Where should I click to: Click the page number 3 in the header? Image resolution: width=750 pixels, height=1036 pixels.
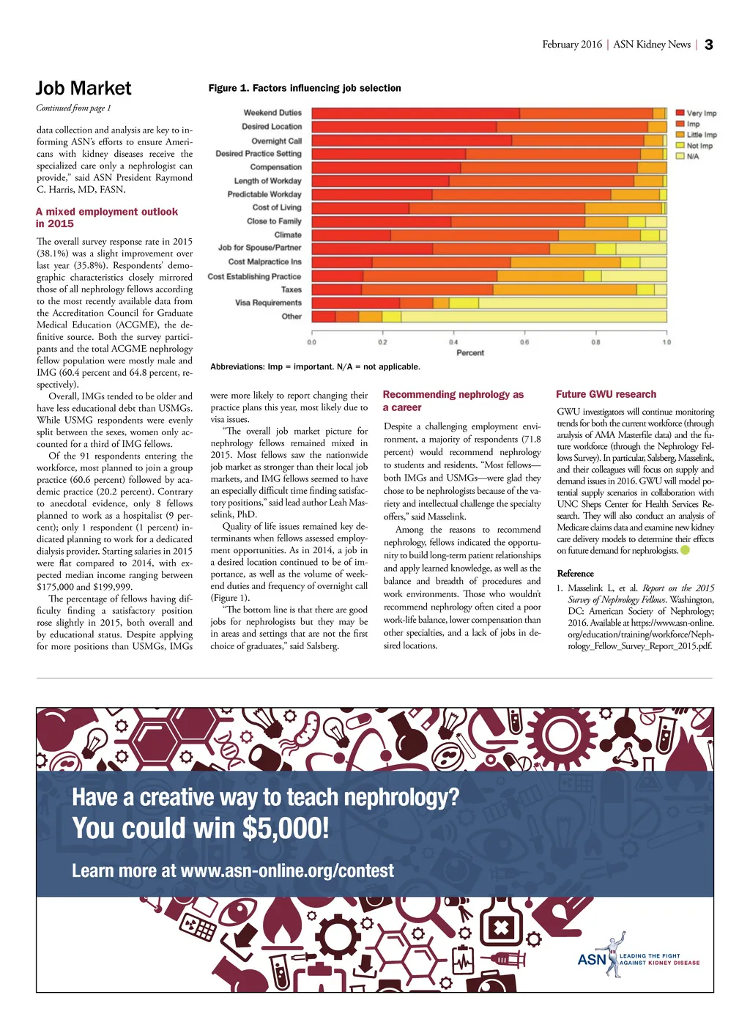708,45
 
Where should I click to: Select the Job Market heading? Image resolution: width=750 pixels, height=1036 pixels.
83,89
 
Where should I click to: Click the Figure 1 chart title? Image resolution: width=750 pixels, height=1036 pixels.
305,88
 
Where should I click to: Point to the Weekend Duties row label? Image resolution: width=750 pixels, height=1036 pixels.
272,113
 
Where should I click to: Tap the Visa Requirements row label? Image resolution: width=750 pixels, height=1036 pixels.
268,303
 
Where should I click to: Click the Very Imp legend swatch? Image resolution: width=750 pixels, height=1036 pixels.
680,113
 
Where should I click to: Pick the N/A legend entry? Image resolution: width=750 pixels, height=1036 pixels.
692,156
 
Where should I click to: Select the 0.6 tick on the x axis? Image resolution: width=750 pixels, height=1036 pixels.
524,342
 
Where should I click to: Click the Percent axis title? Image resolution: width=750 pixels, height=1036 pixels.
470,353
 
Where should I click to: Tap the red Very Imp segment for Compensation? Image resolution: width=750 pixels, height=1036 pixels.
386,167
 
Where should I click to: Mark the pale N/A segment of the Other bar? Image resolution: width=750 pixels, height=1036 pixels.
534,317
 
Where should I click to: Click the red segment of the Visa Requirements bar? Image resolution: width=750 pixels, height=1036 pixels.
356,303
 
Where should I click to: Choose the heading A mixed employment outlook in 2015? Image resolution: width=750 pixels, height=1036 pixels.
107,218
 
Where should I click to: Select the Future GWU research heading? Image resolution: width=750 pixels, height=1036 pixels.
606,394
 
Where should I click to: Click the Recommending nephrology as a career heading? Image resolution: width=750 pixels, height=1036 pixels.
453,401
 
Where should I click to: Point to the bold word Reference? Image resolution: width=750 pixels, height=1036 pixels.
575,574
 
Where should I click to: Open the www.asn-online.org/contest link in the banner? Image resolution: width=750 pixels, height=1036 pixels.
286,870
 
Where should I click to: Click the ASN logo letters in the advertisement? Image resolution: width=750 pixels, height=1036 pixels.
592,960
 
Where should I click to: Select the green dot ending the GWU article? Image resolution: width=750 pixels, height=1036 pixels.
685,550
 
